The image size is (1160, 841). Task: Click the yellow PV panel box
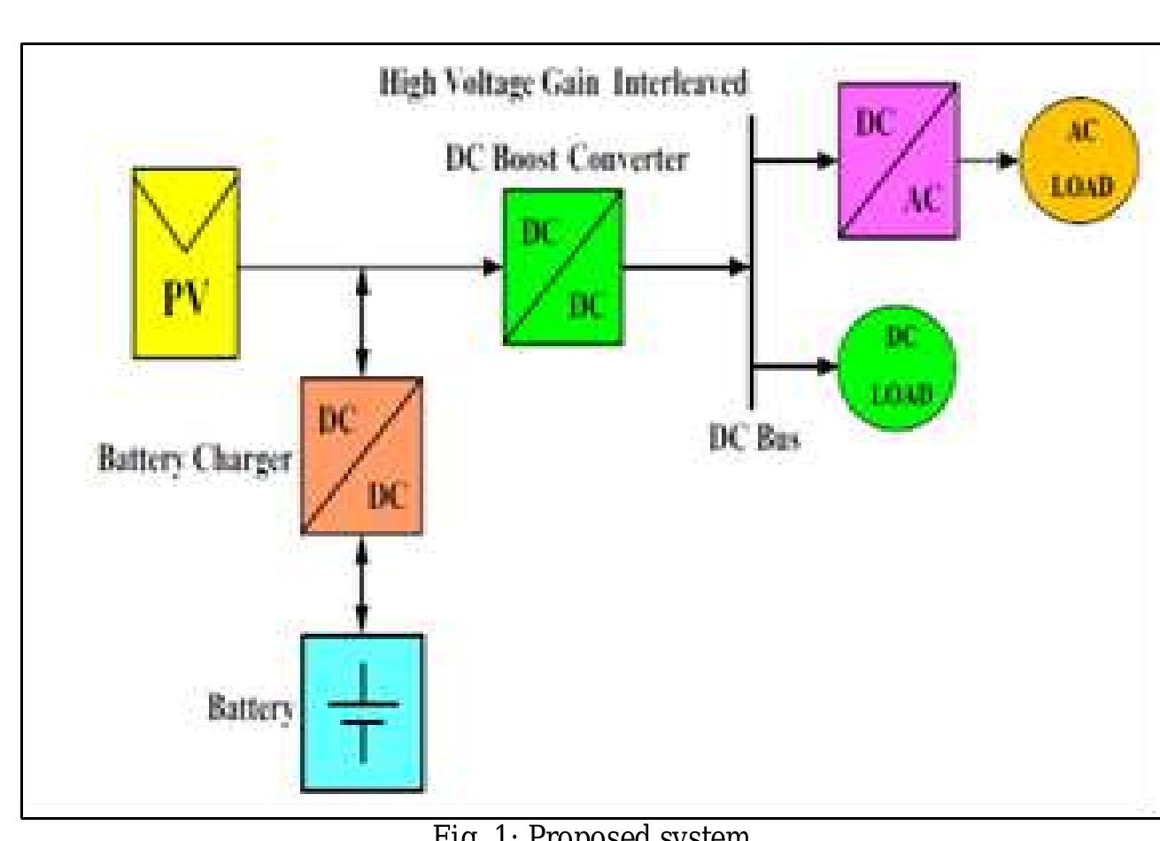tap(185, 263)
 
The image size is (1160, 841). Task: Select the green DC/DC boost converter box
tap(563, 266)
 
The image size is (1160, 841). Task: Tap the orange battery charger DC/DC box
tap(361, 455)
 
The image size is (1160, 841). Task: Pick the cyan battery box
tap(361, 712)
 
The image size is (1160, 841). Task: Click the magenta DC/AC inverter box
tap(898, 160)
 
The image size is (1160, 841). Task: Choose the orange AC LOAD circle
tap(1079, 160)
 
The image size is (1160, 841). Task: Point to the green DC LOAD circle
tap(898, 366)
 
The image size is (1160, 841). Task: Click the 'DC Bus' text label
tap(754, 437)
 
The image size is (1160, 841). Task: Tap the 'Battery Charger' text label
tap(194, 461)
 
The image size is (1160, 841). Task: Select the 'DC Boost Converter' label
tap(567, 159)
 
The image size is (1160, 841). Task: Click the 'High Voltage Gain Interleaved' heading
tap(563, 84)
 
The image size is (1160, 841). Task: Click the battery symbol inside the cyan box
tap(363, 714)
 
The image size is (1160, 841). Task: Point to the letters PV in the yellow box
tap(184, 298)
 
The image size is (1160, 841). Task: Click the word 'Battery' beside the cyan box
tap(250, 708)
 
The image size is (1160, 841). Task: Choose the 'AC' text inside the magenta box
tap(922, 201)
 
